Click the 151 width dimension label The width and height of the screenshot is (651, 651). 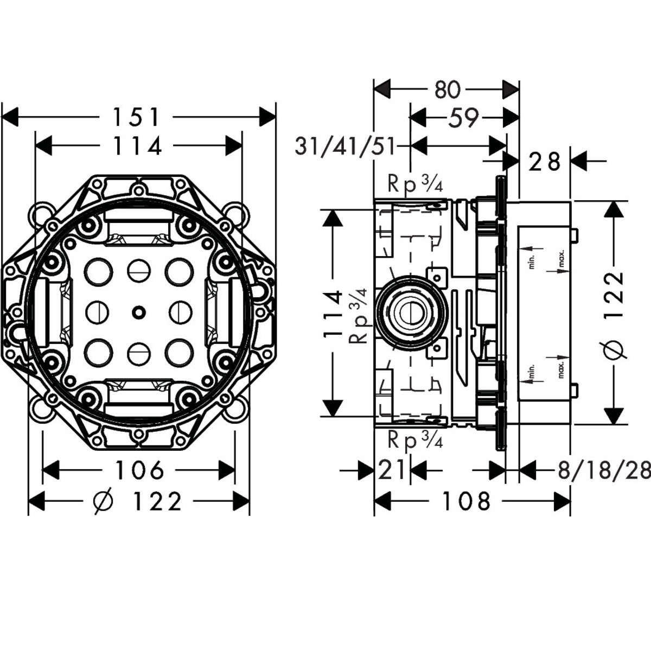click(x=136, y=117)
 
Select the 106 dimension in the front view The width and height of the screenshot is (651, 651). click(x=139, y=470)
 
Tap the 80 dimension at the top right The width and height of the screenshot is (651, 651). click(x=447, y=90)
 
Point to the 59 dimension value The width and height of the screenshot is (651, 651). click(x=463, y=118)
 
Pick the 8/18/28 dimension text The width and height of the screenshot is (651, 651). click(x=604, y=470)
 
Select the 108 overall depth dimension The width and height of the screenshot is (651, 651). click(x=466, y=501)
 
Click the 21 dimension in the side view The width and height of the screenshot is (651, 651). click(x=392, y=470)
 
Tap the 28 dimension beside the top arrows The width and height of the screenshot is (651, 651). click(x=544, y=162)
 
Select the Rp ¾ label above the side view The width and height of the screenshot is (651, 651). click(x=415, y=184)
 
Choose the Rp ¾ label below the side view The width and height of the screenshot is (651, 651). click(x=415, y=439)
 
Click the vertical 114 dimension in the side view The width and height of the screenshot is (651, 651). click(x=333, y=314)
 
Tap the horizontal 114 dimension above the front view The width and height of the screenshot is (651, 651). click(x=137, y=146)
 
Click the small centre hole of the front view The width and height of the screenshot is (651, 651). click(x=138, y=311)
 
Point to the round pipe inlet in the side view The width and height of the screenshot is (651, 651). click(x=411, y=312)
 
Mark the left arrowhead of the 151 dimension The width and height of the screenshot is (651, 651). click(x=10, y=117)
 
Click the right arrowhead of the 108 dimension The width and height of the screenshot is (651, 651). click(x=563, y=501)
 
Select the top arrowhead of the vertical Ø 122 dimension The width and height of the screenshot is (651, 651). click(x=614, y=210)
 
